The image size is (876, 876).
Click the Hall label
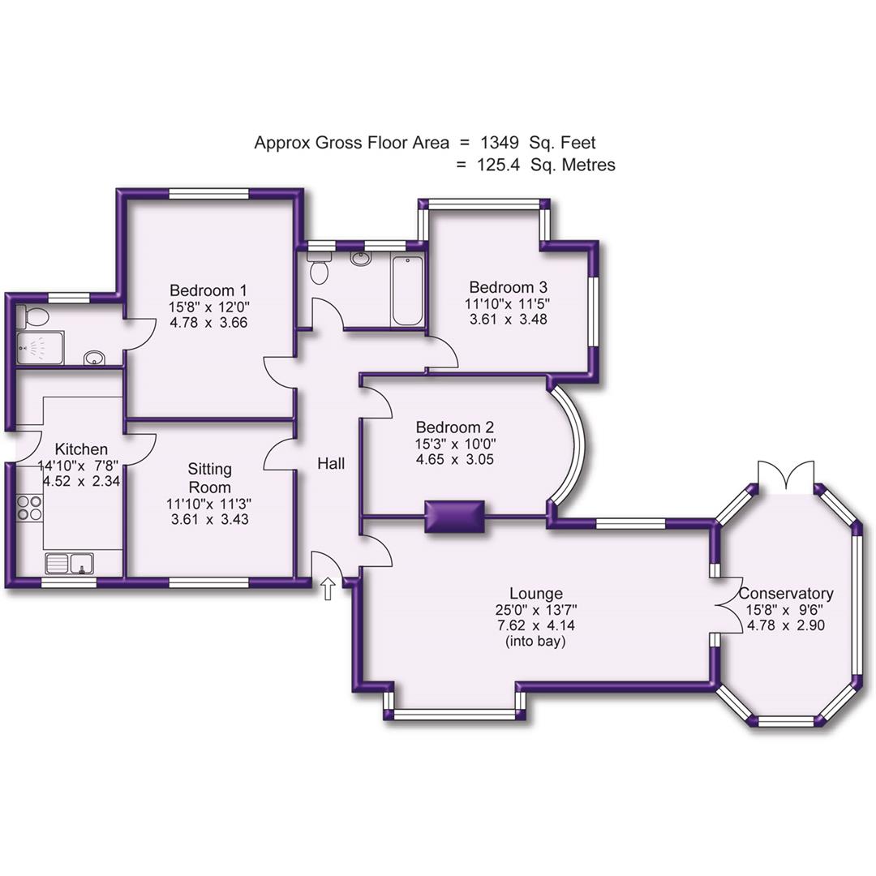click(331, 464)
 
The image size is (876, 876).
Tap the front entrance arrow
click(328, 589)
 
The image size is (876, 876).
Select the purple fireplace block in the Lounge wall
click(454, 517)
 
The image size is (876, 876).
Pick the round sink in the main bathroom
click(360, 259)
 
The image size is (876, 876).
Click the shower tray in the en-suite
click(32, 348)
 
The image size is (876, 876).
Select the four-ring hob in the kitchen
click(30, 507)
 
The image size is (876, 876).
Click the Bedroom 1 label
click(208, 290)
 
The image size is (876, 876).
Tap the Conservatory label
click(786, 593)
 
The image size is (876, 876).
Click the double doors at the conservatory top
click(784, 475)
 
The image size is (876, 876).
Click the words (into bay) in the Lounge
click(535, 642)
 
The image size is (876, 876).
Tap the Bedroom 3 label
click(509, 287)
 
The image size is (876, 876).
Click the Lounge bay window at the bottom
click(454, 715)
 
